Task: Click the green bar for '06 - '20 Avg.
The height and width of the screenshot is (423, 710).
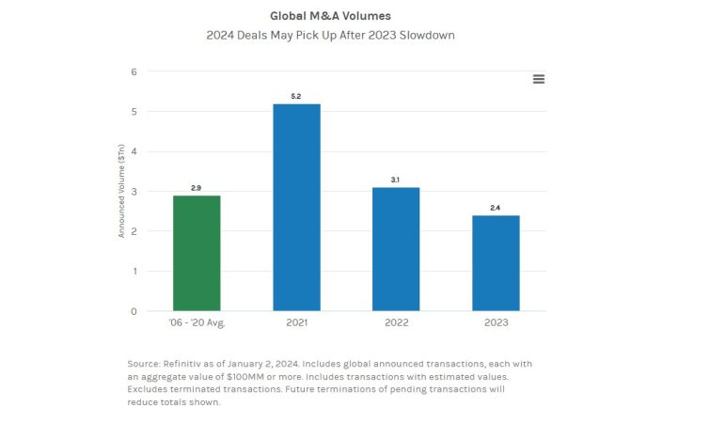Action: coord(197,253)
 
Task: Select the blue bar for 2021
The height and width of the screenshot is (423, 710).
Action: coord(296,207)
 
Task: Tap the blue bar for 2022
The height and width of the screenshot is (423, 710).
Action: coord(396,249)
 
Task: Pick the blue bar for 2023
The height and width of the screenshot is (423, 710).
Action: coord(496,263)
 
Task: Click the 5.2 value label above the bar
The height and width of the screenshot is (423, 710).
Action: coord(296,96)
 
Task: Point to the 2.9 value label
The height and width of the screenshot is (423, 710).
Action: coord(197,188)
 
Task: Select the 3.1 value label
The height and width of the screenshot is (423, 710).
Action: coord(396,180)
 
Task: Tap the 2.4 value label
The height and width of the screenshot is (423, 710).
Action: coord(496,208)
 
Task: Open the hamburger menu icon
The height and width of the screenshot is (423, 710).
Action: coord(539,79)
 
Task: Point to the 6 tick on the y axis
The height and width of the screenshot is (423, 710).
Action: coord(134,71)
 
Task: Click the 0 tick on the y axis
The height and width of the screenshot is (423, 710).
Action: coord(134,311)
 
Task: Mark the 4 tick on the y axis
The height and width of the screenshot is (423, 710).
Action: coord(134,151)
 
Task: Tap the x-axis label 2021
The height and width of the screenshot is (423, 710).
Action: coord(296,322)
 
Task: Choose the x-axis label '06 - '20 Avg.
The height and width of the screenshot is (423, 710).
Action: coord(197,322)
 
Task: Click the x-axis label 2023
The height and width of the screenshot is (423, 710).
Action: coord(496,322)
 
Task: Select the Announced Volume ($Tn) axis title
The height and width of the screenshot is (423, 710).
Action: coord(121,192)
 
